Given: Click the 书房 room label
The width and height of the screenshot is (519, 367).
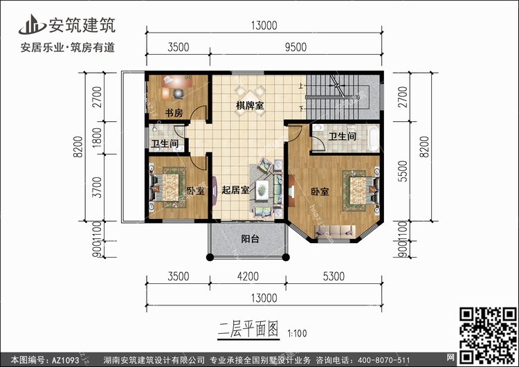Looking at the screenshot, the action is pyautogui.click(x=174, y=113).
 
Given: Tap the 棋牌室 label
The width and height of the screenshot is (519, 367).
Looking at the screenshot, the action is pyautogui.click(x=250, y=106).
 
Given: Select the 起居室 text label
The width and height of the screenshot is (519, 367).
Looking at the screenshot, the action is pyautogui.click(x=235, y=190).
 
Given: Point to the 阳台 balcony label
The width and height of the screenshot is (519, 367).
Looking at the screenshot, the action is pyautogui.click(x=250, y=239).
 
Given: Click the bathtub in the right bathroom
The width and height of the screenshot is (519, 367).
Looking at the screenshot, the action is pyautogui.click(x=374, y=138).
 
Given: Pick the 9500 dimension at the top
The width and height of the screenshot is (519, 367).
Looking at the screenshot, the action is pyautogui.click(x=296, y=47).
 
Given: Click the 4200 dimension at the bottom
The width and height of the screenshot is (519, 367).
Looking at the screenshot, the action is pyautogui.click(x=248, y=276).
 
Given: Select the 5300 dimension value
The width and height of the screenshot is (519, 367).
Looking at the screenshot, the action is pyautogui.click(x=334, y=276).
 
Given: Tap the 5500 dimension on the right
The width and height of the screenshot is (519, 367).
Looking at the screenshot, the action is pyautogui.click(x=403, y=171).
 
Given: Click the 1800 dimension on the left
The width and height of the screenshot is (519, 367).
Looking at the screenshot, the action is pyautogui.click(x=97, y=138).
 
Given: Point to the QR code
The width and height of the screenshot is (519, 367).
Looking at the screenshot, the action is pyautogui.click(x=489, y=335).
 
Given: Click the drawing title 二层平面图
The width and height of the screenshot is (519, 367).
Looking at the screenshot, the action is pyautogui.click(x=248, y=329).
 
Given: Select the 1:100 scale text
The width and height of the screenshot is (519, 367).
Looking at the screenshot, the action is pyautogui.click(x=298, y=333).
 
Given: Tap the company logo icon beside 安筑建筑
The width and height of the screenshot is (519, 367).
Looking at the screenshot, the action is pyautogui.click(x=32, y=25).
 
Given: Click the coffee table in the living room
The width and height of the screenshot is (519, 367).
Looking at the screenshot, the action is pyautogui.click(x=262, y=190).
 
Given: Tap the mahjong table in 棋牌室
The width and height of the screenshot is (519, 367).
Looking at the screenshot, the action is pyautogui.click(x=251, y=100).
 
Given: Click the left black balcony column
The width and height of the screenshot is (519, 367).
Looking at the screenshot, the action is pyautogui.click(x=210, y=257).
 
